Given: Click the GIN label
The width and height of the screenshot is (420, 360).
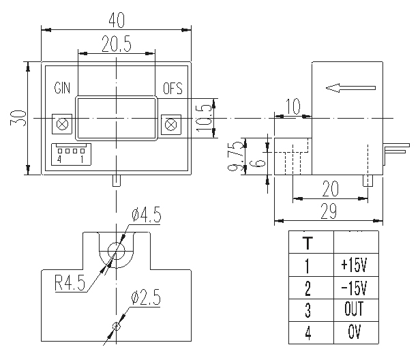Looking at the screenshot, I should click(x=63, y=89).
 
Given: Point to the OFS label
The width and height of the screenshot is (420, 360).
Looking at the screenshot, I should click(x=172, y=89).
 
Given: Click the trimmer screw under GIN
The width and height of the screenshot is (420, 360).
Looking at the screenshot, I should click(x=63, y=124).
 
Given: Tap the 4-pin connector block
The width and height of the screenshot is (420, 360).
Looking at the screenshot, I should click(x=71, y=155).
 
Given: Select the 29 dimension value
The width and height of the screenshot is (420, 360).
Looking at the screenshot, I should click(x=329, y=212).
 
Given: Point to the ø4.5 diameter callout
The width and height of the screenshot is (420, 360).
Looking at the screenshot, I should click(x=147, y=215).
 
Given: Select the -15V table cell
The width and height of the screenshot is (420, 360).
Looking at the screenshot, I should click(x=354, y=287).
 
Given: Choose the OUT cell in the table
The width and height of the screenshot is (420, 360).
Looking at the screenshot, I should click(x=354, y=310).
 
